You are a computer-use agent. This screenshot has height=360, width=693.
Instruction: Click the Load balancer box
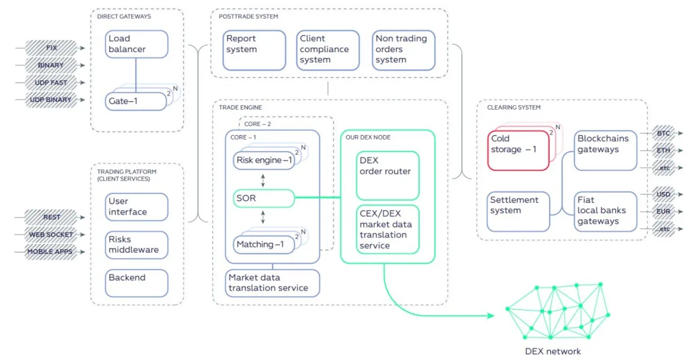point(136,44)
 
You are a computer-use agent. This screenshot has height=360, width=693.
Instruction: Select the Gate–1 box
point(136,101)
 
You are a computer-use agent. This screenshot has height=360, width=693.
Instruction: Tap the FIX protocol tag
point(51,48)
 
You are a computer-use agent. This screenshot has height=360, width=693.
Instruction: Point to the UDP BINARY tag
point(51,100)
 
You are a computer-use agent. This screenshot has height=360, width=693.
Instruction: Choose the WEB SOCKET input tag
point(51,234)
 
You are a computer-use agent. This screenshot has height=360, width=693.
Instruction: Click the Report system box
point(254,50)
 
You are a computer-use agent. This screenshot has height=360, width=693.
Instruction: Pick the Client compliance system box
point(328,50)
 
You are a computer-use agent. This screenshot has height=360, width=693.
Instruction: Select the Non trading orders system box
point(403,50)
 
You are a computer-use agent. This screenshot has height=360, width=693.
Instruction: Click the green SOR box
point(264,198)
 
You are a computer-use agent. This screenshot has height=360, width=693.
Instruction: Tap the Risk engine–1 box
point(264,160)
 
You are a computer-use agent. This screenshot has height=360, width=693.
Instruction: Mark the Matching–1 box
point(264,245)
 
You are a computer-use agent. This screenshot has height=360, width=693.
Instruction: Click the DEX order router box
point(388,175)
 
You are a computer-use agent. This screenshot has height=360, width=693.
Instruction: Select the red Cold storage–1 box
point(518,150)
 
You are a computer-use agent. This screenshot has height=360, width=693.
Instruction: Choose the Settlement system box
point(518,212)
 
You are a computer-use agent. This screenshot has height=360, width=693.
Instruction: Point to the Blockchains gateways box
point(605,150)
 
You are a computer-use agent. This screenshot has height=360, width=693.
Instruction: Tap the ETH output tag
point(663,150)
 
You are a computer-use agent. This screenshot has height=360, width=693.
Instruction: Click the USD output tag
point(663,194)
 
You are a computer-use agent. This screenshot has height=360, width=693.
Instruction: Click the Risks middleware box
point(136,245)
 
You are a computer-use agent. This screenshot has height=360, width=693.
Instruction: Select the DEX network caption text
point(553,351)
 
